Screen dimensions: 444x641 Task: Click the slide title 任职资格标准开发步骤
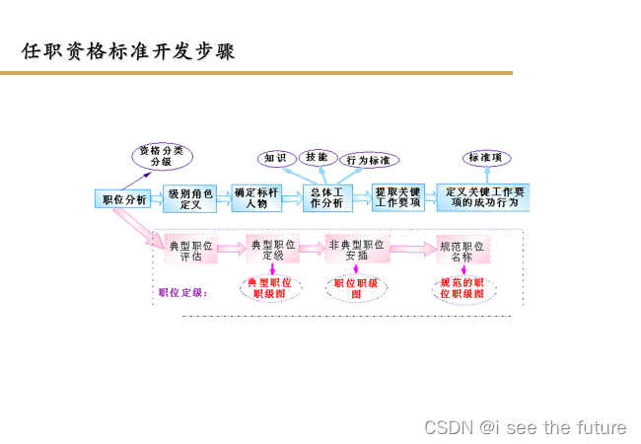[x=129, y=50]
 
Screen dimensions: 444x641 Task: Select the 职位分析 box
[x=124, y=199]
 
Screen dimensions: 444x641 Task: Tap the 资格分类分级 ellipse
[x=163, y=156]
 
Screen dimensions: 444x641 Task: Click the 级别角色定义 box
[x=189, y=199]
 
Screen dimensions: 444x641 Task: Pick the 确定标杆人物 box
[x=256, y=198]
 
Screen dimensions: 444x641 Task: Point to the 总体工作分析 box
[x=326, y=198]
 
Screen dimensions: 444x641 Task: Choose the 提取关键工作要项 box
[x=397, y=197]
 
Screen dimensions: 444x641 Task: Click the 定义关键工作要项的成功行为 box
[x=482, y=196]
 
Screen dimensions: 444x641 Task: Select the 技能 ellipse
[x=317, y=156]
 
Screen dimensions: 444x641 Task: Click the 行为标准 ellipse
[x=369, y=160]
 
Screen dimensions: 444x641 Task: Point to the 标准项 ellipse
[x=487, y=158]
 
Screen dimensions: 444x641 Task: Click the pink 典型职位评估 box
[x=190, y=250]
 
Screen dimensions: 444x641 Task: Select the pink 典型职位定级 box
[x=272, y=250]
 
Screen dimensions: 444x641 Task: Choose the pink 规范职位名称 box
[x=463, y=250]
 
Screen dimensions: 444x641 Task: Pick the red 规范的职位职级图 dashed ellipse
[x=463, y=288]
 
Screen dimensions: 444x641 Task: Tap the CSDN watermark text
[x=525, y=427]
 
